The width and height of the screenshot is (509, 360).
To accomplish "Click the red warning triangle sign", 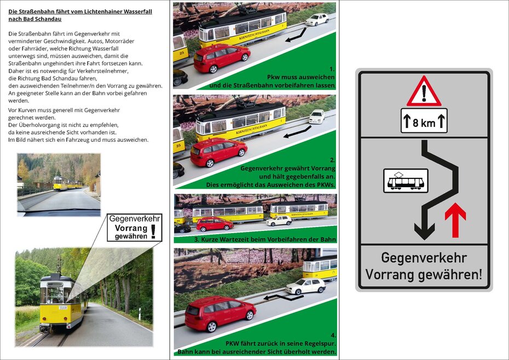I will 424,91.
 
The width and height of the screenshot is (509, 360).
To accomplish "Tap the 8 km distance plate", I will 424,121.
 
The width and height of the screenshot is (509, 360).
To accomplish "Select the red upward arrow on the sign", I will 455,220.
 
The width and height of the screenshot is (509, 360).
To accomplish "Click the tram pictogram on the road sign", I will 406,180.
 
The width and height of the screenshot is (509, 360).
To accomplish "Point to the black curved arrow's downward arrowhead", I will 424,230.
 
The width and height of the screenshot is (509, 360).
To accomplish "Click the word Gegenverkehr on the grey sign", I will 424,258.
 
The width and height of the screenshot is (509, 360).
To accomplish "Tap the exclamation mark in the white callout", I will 153,230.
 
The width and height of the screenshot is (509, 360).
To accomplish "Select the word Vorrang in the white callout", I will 127,228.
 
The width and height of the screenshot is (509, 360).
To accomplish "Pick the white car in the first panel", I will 317,20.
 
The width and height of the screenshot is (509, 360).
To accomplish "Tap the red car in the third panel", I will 214,224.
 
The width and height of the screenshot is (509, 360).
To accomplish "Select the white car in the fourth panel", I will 305,286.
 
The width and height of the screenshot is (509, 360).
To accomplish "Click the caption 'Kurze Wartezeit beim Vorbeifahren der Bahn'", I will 264,240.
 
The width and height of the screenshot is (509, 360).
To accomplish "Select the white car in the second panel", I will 317,116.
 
